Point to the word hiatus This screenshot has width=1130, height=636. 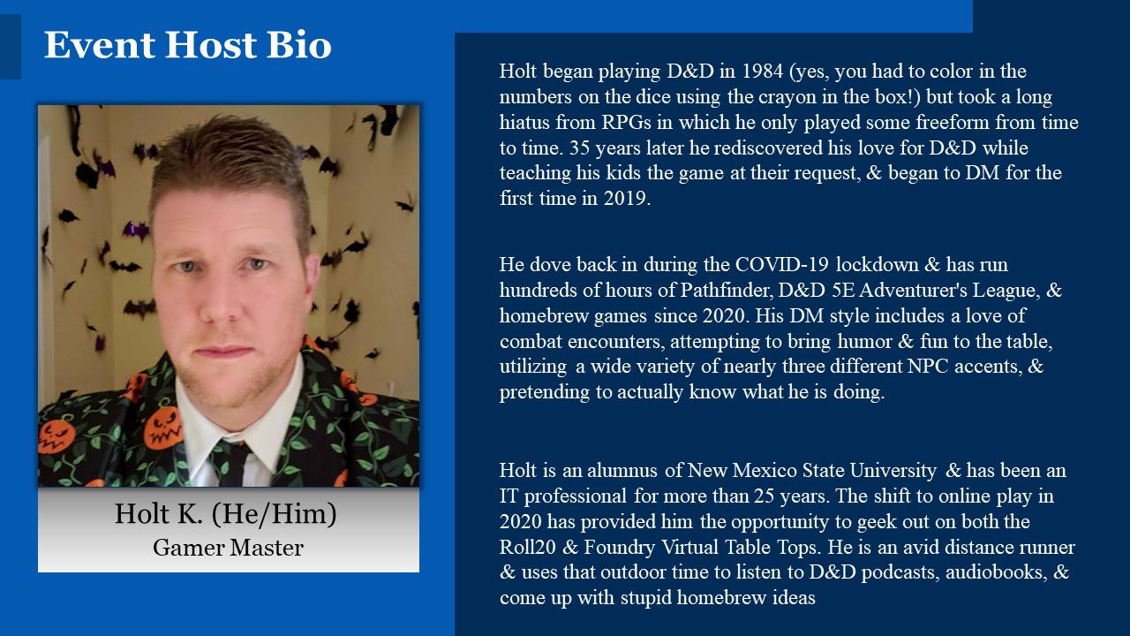524,122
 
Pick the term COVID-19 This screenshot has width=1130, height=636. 782,264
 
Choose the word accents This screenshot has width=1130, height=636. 987,367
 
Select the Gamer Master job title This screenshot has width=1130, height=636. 228,548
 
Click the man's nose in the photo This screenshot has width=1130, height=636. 226,300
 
